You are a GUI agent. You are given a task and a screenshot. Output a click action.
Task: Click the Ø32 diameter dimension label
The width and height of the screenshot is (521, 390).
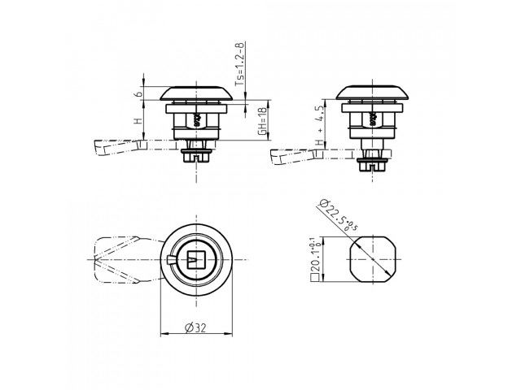coord(195,328)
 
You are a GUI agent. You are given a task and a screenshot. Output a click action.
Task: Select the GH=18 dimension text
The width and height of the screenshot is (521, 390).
coord(263,122)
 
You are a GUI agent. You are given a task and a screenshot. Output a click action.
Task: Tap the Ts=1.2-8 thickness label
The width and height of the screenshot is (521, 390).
coord(240,64)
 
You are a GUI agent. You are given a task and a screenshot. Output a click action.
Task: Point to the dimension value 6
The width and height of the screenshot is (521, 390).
coord(140,94)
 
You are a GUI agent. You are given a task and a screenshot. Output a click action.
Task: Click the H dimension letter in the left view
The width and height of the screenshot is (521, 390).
coord(138,120)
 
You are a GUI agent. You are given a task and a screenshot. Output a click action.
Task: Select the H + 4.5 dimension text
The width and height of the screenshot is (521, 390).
coord(319,126)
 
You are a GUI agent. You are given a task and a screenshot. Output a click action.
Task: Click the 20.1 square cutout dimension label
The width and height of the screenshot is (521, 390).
coord(316,259)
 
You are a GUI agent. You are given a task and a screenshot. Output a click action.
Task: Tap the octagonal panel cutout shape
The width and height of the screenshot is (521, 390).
coord(373,259)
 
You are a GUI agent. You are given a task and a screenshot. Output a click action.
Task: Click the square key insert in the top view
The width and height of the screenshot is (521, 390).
coord(196,259)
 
